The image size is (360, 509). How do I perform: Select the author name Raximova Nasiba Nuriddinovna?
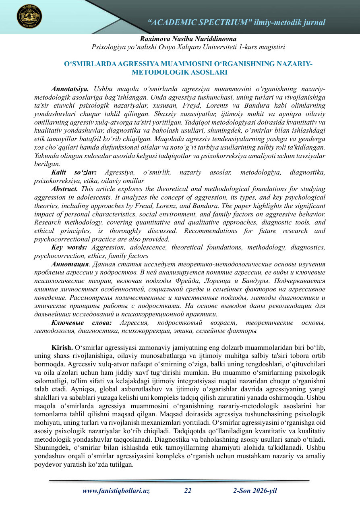188,39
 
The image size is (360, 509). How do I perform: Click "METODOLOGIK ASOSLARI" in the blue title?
180,73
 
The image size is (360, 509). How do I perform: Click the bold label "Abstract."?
65,189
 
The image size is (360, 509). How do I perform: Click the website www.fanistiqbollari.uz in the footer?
116,491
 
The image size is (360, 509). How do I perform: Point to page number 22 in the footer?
188,491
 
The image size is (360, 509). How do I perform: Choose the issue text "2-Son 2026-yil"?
255,491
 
